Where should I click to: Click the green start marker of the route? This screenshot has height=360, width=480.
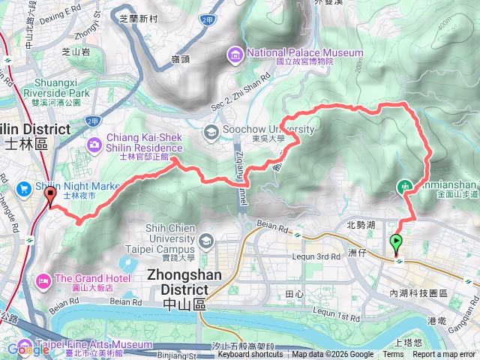coord(395,243)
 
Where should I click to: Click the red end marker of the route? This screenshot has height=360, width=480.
coord(51,196)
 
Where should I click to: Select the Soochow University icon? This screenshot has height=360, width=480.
coord(211,132)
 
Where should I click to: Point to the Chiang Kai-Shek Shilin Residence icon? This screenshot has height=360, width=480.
coord(95,144)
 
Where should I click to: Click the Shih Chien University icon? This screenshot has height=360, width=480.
coord(206,241)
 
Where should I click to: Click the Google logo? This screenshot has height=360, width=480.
coord(28,349)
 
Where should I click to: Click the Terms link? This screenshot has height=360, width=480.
coord(393,355)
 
